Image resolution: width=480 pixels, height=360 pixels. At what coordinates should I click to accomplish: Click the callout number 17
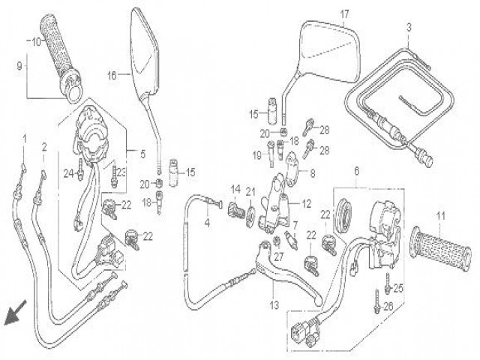(x=344, y=14)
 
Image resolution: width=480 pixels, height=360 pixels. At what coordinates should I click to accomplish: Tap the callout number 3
(x=409, y=27)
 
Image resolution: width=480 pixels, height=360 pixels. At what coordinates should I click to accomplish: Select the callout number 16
(x=112, y=75)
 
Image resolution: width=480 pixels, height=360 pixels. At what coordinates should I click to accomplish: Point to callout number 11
(x=442, y=217)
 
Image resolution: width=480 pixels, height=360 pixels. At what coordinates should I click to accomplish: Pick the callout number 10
(x=35, y=43)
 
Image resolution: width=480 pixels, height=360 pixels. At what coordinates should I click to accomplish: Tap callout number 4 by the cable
(x=206, y=223)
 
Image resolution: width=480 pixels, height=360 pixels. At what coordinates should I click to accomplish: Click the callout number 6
(x=355, y=171)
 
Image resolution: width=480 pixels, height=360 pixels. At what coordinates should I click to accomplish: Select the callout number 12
(x=306, y=203)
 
